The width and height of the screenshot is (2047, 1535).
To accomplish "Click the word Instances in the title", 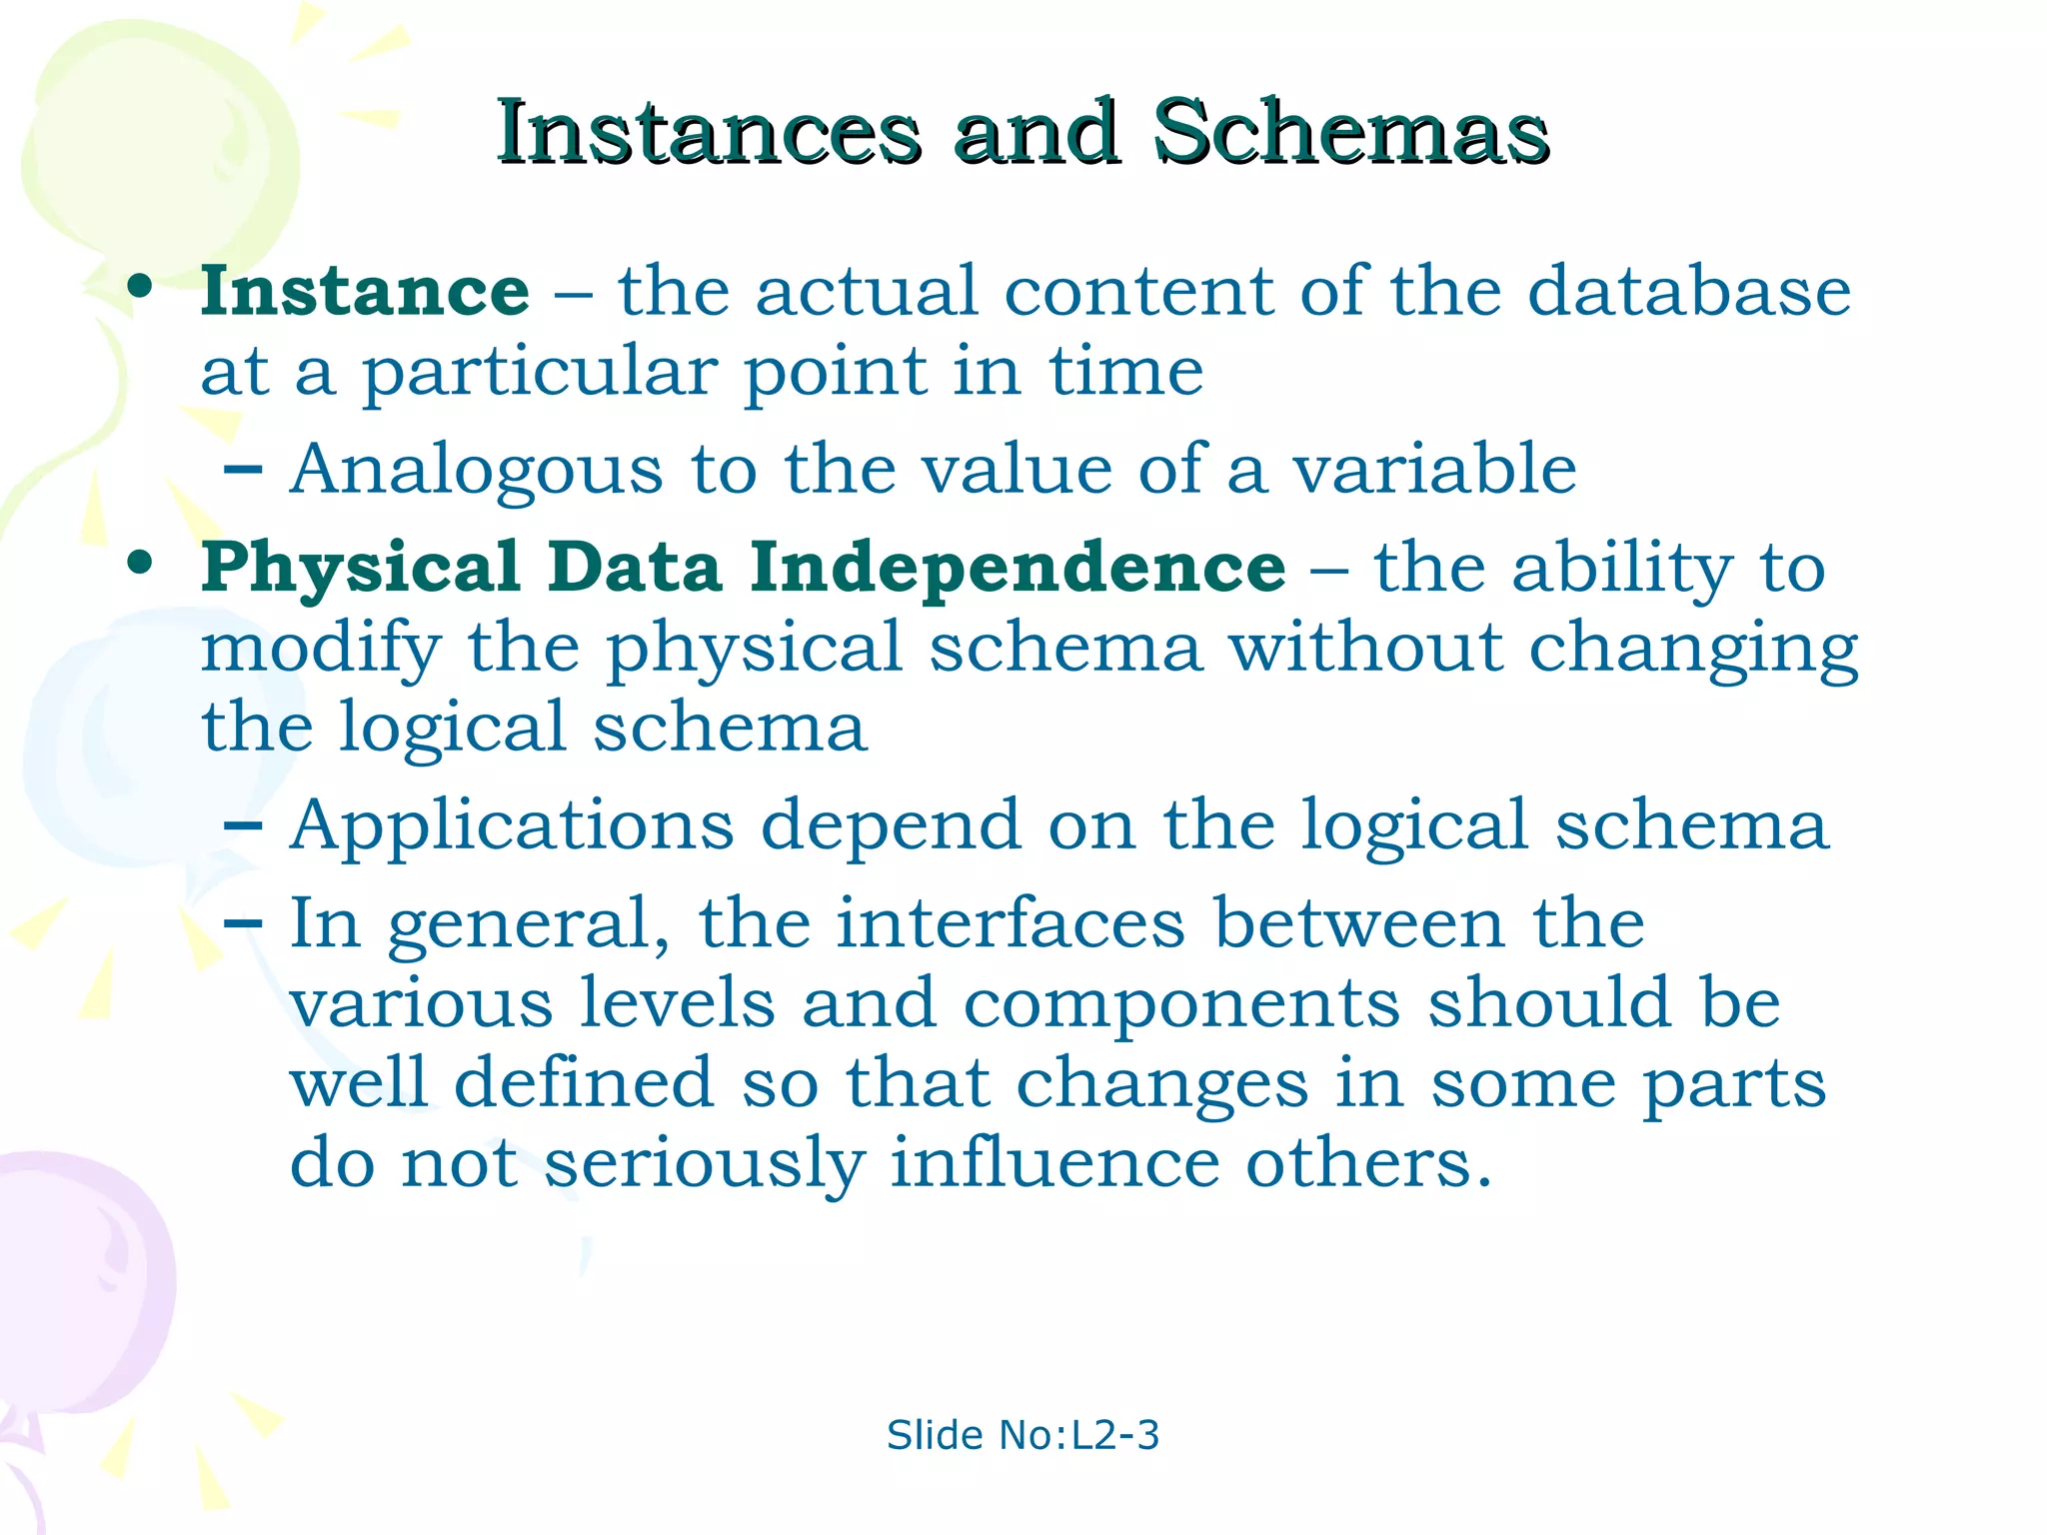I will click(708, 133).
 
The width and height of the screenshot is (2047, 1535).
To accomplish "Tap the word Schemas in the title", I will click(1350, 133).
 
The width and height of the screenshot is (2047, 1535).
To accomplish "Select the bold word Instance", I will click(365, 292).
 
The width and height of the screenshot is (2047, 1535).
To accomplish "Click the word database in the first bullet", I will click(1689, 292).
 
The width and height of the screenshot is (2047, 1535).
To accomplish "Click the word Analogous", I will click(476, 470).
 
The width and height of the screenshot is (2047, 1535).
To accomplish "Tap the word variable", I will click(1434, 470).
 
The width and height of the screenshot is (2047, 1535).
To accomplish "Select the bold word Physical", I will click(360, 568).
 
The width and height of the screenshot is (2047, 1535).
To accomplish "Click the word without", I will click(1365, 648).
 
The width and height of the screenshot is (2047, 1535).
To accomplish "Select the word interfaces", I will click(1011, 923).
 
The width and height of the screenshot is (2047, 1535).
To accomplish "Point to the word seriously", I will click(704, 1165).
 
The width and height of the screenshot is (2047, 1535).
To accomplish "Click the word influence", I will click(1054, 1163).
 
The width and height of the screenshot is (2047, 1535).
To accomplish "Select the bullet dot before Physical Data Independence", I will click(140, 564).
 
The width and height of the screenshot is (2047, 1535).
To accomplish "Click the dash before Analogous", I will click(243, 470).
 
